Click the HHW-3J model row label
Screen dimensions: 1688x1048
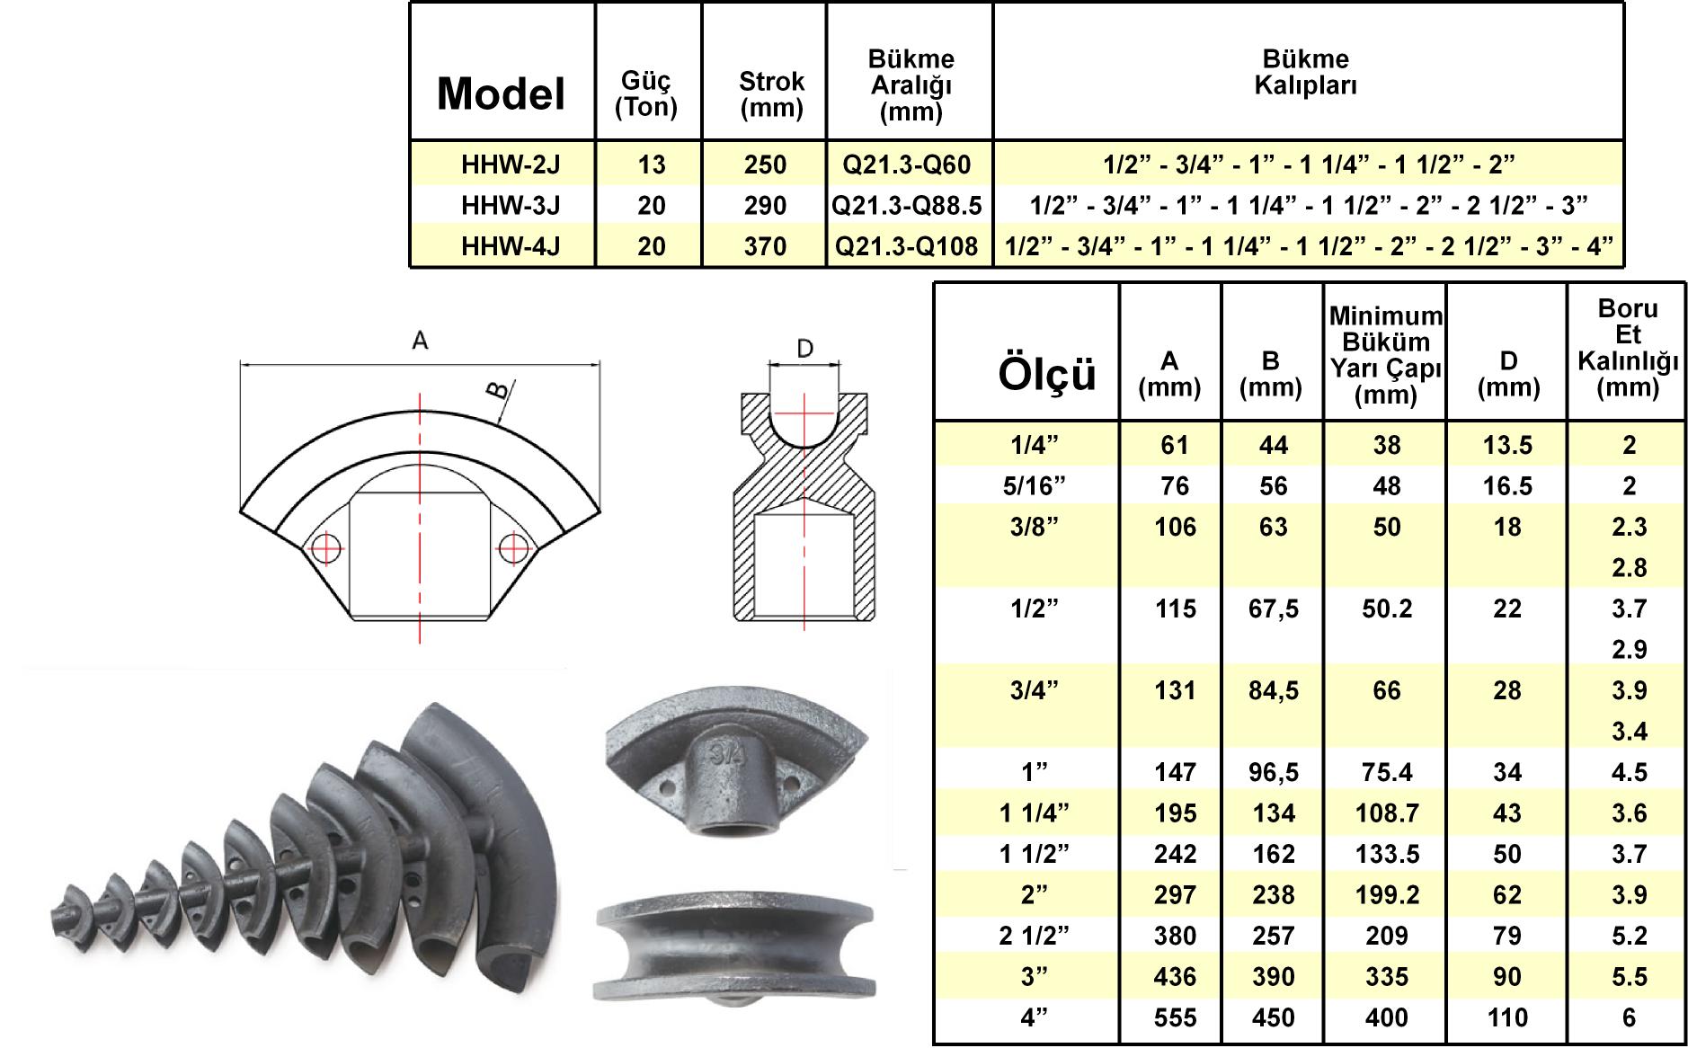pos(511,206)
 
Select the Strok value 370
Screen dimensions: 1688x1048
pos(765,246)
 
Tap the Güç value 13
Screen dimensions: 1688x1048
pos(652,164)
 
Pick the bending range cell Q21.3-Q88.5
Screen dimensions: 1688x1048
pos(907,206)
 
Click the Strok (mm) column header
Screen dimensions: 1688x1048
pos(771,94)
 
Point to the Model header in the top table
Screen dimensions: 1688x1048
pos(502,93)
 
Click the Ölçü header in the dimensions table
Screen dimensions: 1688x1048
pos(1047,374)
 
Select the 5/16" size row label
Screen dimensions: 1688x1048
pos(1035,486)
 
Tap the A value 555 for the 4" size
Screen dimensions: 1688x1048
pos(1175,1017)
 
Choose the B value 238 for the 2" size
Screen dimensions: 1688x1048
pos(1273,895)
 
